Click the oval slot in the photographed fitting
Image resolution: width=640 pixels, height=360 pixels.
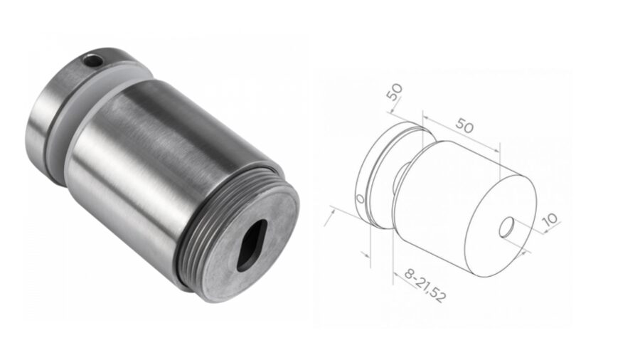click(250, 245)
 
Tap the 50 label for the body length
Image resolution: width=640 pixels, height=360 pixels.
click(464, 126)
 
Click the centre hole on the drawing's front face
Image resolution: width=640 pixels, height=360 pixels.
click(508, 228)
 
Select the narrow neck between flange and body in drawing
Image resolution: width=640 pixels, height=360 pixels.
click(402, 174)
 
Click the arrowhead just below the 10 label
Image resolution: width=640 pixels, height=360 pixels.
click(526, 250)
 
